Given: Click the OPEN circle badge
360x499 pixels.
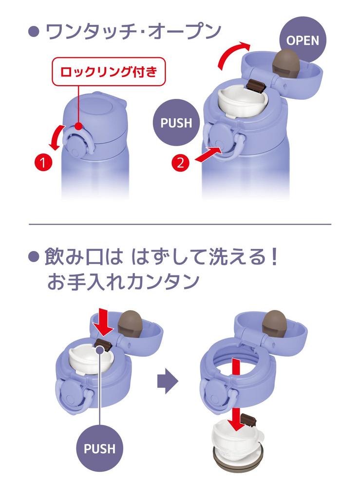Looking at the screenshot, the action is pos(303,40).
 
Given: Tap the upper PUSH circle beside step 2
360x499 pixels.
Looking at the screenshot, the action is pos(176,122).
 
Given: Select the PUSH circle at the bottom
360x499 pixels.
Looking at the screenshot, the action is pos(99,449).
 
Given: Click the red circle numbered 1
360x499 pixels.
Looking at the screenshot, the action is pos(43,163).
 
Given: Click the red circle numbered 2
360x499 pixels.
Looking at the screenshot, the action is pos(180,163).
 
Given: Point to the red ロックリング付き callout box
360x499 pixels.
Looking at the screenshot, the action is pos(109,72).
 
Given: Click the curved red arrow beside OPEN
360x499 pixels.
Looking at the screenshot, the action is pos(233,54).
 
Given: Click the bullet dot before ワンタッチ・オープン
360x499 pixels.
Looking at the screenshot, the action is pos(34,32).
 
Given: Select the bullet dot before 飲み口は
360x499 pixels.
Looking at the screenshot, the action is pos(34,257).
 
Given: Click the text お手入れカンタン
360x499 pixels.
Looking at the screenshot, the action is pos(123,282).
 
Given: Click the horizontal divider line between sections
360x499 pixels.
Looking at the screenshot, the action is pos(180,224).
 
